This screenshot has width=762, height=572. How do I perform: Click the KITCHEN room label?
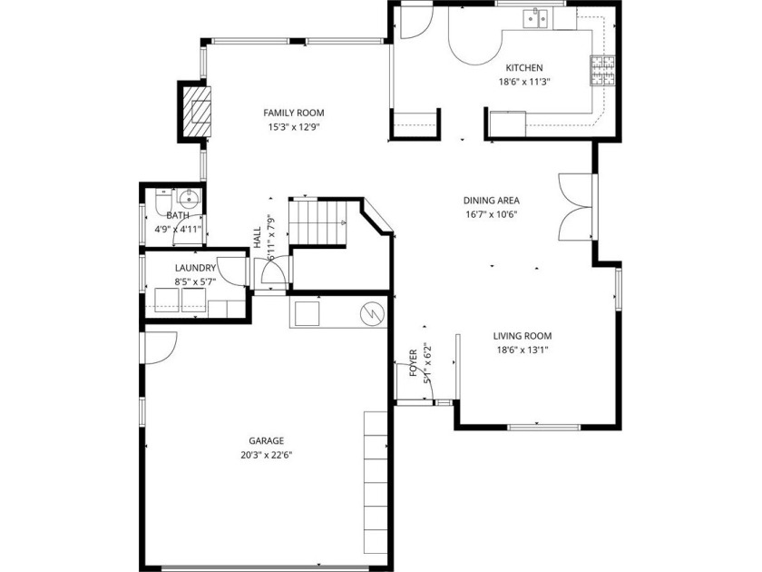524,67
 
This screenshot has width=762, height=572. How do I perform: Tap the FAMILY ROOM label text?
294,113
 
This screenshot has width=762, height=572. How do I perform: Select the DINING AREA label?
492,200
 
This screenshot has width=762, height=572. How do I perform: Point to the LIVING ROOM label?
523,336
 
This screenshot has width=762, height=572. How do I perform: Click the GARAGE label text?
267,440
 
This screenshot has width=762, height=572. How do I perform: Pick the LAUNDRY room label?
195,268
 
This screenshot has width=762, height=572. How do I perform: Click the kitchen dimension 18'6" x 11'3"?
524,83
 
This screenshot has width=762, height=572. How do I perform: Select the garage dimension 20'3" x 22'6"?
267,455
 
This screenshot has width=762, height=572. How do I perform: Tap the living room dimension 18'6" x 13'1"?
523,350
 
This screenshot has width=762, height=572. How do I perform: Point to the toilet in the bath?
163,201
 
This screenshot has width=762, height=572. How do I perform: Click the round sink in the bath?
188,198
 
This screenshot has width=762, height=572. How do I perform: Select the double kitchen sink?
535,19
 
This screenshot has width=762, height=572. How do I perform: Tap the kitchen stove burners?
602,71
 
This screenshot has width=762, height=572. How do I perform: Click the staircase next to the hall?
318,223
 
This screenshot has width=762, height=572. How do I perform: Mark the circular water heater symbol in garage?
372,315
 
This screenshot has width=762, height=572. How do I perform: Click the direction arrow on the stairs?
343,222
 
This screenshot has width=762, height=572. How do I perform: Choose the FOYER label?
413,363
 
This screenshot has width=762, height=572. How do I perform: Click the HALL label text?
257,238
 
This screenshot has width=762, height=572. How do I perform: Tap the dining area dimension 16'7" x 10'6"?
492,214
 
